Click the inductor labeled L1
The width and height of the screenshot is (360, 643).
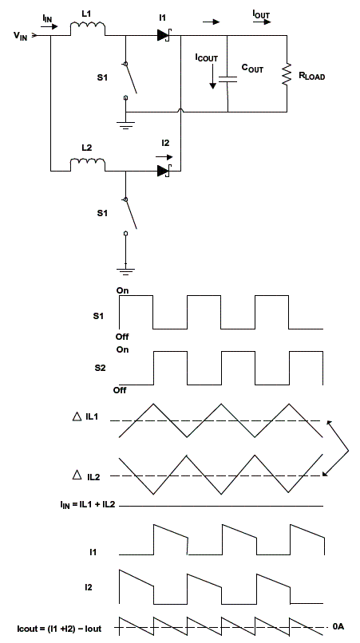point(88,29)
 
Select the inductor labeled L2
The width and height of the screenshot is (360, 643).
point(88,164)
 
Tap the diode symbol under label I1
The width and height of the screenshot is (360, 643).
point(164,36)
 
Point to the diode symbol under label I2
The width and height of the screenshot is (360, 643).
point(164,171)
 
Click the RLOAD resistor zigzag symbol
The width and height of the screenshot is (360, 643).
point(287,74)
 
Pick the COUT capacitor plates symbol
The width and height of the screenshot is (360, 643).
point(227,79)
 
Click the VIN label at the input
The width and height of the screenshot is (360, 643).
point(21,36)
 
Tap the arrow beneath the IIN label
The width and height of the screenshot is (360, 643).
point(49,27)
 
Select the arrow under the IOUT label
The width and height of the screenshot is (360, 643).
point(262,22)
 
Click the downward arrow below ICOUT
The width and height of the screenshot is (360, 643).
point(212,77)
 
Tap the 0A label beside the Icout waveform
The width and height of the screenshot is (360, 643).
point(338,626)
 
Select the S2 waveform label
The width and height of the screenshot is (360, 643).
point(100,368)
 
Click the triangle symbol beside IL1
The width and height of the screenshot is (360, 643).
point(77,417)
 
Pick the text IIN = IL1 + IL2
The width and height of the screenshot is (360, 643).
point(87,504)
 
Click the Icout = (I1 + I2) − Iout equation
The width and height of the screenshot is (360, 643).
point(60,628)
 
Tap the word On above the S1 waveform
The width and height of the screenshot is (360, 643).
point(122,290)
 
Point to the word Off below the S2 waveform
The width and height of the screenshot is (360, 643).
point(120,390)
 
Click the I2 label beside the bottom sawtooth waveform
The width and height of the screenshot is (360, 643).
point(87,587)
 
